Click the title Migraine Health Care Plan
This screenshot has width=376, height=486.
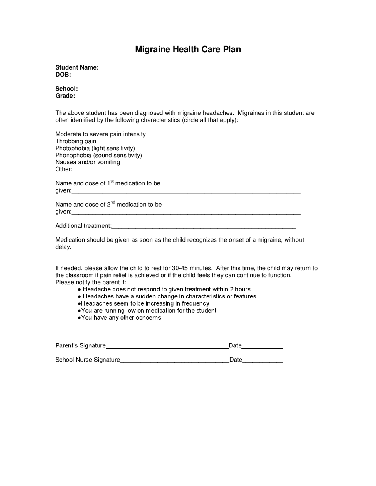click(188, 49)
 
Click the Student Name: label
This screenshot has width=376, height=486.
click(77, 67)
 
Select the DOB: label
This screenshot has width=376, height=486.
click(63, 75)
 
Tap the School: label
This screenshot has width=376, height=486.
click(66, 89)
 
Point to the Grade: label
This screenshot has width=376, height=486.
click(65, 96)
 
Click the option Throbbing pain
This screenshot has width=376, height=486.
click(76, 141)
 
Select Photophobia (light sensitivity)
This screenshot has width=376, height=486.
click(95, 148)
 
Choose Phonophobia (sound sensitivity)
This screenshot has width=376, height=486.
click(99, 155)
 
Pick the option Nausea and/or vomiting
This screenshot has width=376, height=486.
click(88, 162)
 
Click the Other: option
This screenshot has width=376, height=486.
click(64, 169)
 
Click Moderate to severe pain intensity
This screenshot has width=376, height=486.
click(100, 134)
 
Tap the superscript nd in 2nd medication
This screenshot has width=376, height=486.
click(113, 203)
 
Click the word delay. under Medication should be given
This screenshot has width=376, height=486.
click(63, 247)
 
